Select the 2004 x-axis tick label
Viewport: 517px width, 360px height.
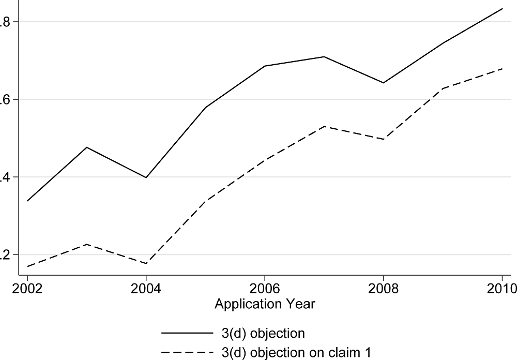coord(146,288)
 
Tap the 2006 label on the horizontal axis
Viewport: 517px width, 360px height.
coord(265,288)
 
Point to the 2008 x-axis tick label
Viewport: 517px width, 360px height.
coord(383,288)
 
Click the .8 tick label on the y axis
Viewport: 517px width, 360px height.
coord(4,22)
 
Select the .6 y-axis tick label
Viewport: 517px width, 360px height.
coord(4,100)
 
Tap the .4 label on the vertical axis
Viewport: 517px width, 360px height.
coord(4,177)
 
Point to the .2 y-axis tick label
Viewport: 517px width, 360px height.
coord(4,255)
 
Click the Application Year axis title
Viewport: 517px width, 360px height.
coord(265,304)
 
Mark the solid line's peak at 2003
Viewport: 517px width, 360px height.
coord(87,147)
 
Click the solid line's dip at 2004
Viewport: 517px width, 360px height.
coord(146,177)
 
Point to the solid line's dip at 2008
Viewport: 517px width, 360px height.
coord(383,83)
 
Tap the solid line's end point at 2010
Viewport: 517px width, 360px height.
coord(502,8)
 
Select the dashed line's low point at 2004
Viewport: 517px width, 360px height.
coord(146,263)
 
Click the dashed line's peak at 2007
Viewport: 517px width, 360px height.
coord(324,126)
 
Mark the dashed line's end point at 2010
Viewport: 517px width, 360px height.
coord(502,68)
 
